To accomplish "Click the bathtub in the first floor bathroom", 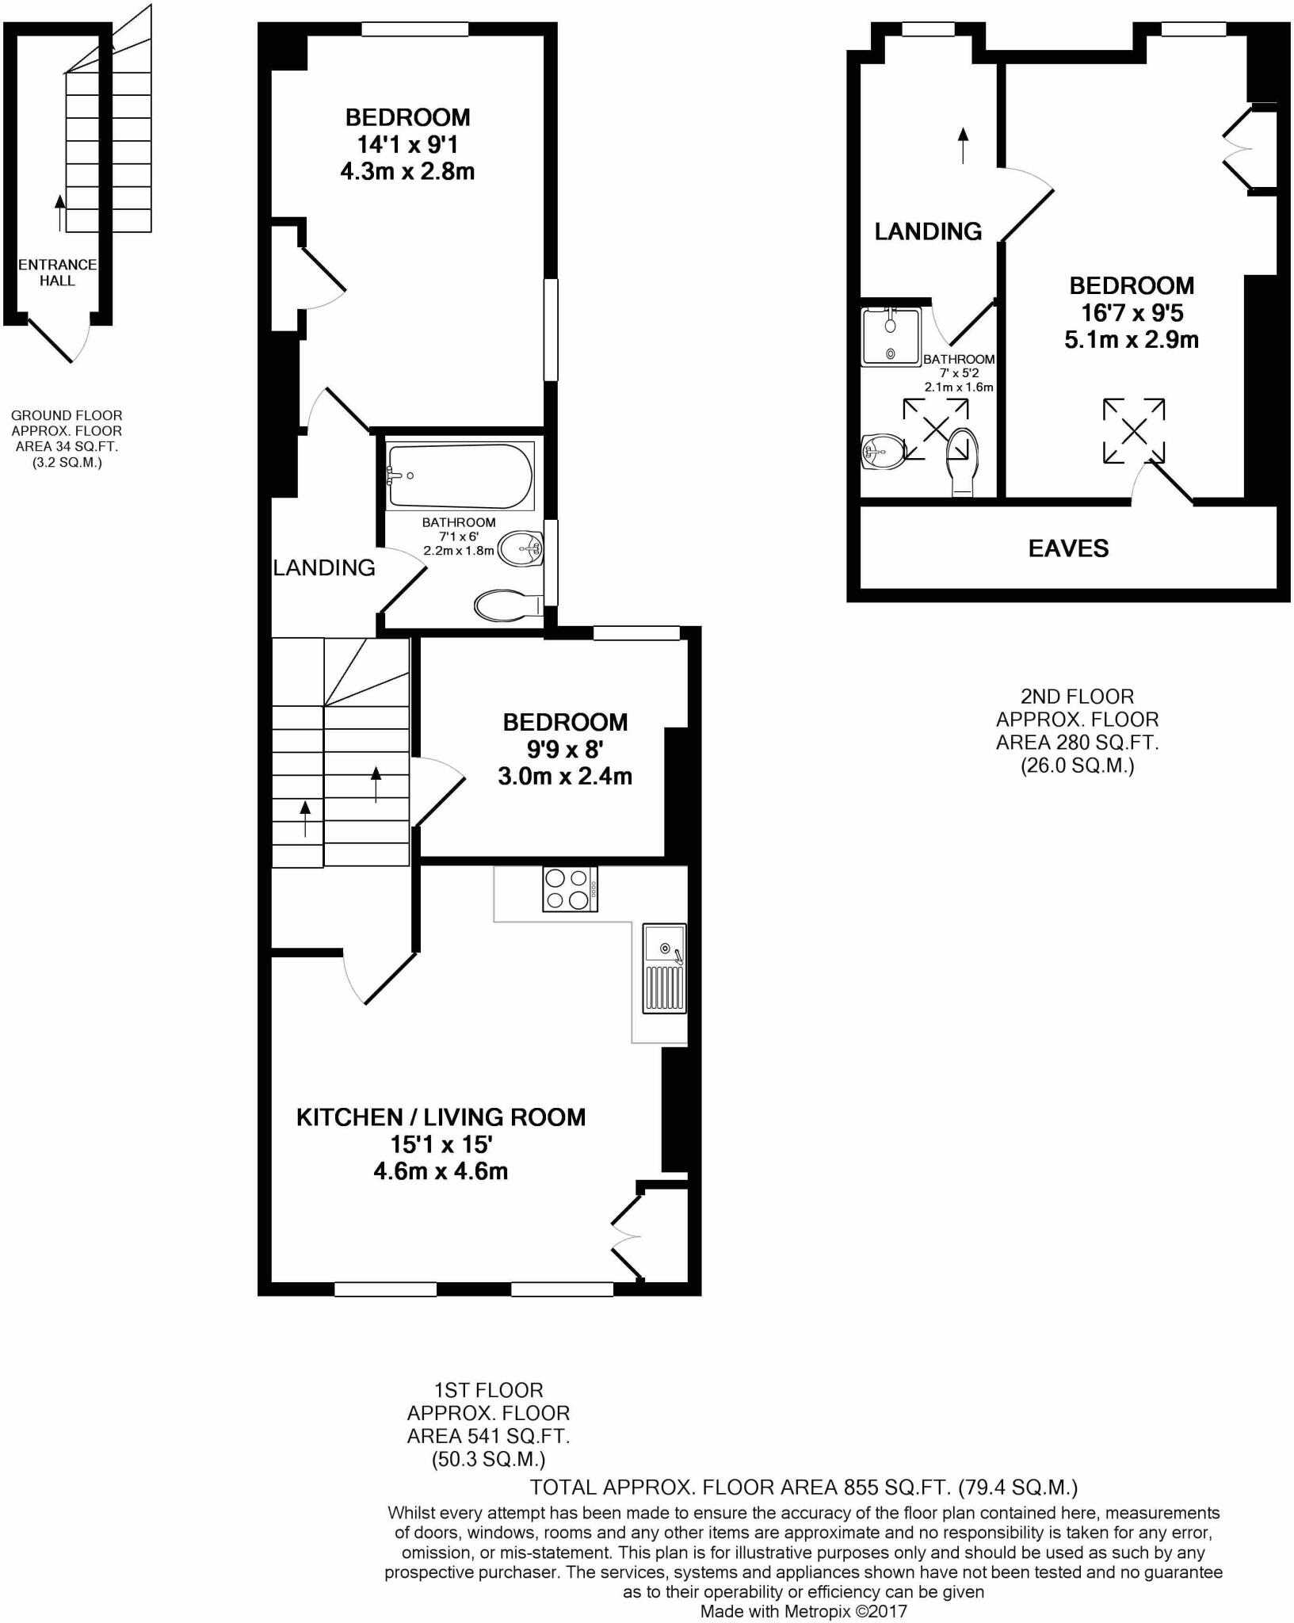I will (x=460, y=476).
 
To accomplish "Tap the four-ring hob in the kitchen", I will (x=570, y=889).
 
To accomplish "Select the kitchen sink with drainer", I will (x=665, y=968).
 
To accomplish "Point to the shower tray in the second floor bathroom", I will (x=891, y=337).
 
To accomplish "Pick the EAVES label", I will (x=1068, y=548).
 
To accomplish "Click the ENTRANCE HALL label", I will (x=57, y=273).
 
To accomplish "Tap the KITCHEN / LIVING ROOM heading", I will (x=441, y=1117).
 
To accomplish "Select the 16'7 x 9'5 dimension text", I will (x=1132, y=313).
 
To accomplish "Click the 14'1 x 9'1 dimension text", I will (x=407, y=144).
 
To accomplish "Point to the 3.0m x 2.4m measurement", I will (x=565, y=776).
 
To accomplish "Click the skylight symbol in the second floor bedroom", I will (x=1134, y=431).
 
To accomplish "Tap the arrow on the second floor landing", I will (x=964, y=145).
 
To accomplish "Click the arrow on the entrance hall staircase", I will (x=60, y=212).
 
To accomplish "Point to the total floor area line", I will (x=804, y=1486).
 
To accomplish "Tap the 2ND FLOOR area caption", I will (x=1077, y=731).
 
